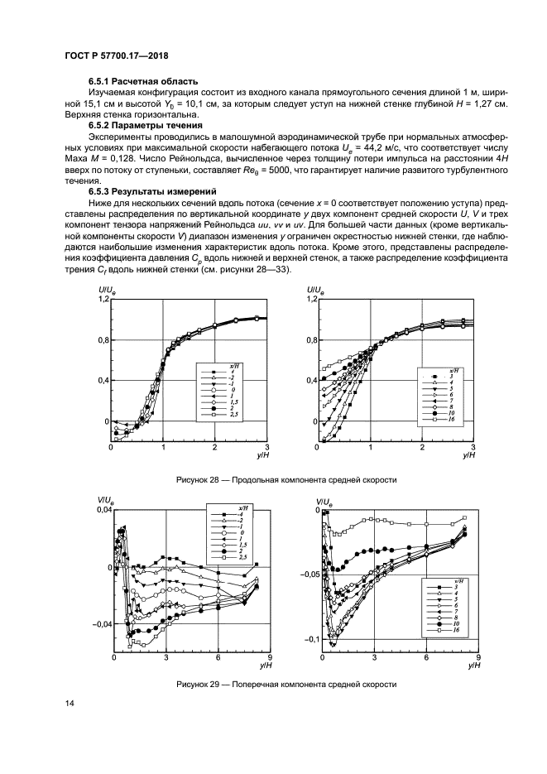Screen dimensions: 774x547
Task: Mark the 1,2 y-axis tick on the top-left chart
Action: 103,300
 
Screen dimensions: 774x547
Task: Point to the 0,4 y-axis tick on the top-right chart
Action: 309,381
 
